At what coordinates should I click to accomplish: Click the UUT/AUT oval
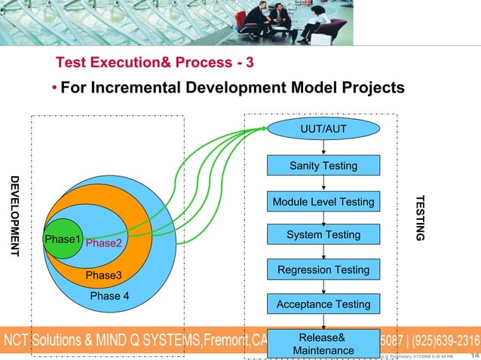[323, 129]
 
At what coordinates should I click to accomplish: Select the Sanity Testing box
[323, 166]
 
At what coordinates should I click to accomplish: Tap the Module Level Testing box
[323, 202]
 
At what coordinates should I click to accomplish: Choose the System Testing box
[323, 236]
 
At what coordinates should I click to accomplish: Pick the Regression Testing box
[323, 270]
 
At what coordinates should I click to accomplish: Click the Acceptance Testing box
[323, 304]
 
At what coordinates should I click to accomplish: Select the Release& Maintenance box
[323, 343]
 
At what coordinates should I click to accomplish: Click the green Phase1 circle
[63, 239]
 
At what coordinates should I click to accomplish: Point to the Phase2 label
[103, 243]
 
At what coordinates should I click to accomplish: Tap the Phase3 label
[103, 276]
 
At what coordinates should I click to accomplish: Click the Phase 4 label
[109, 295]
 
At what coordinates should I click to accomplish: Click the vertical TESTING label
[420, 218]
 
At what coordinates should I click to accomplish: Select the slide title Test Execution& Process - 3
[155, 61]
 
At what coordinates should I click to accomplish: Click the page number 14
[474, 355]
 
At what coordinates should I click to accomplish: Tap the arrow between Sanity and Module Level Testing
[323, 183]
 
